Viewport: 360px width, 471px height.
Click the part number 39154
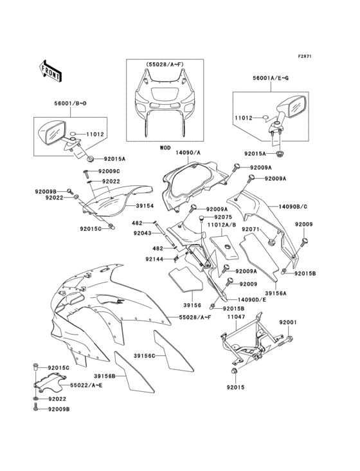145,207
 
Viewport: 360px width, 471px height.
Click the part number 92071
251,229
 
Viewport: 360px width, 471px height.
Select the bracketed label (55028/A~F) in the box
165,66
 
